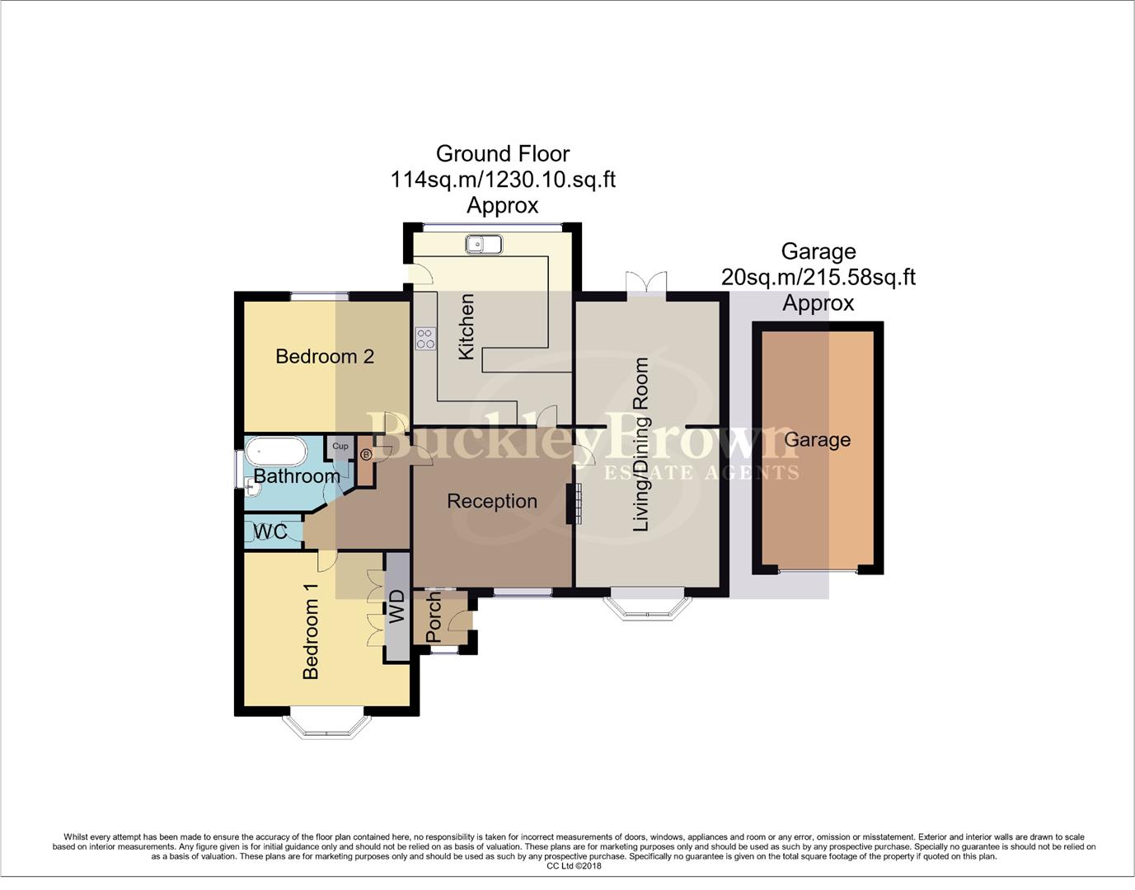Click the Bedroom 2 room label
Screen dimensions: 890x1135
(325, 356)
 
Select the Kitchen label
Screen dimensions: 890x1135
(466, 327)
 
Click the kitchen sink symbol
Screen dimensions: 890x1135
(483, 245)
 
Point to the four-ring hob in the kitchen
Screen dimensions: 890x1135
(425, 339)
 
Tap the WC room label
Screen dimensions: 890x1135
(270, 532)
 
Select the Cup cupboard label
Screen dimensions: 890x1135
(340, 447)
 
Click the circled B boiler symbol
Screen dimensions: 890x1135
(366, 454)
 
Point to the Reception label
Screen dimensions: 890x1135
(492, 501)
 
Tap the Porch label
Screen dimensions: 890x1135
(434, 619)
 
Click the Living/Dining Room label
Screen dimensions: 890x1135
(640, 444)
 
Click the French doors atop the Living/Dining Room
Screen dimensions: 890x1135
(645, 284)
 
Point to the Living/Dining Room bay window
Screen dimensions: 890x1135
(646, 605)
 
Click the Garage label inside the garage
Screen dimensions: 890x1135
(817, 440)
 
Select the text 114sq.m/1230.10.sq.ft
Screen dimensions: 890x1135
(503, 180)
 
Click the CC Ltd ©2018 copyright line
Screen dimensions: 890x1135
(574, 866)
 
